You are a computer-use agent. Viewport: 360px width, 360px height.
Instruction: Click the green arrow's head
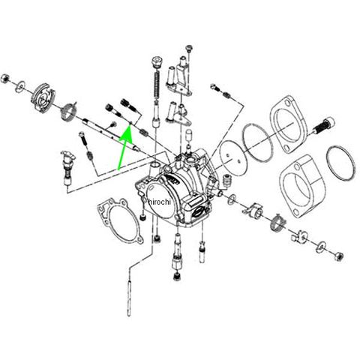[127, 132]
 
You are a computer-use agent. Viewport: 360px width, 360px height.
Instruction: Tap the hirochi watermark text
[159, 202]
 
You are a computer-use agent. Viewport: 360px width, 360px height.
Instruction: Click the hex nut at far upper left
[4, 79]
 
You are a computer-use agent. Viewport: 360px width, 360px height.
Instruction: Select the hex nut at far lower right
[338, 256]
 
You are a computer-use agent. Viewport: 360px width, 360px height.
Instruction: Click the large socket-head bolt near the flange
[324, 125]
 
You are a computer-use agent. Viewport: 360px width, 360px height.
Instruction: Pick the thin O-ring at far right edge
[340, 163]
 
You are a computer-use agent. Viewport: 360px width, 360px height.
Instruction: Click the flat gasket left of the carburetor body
[120, 220]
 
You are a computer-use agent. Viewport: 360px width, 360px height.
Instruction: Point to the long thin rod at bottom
[129, 298]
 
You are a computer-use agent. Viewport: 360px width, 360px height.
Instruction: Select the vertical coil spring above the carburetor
[157, 85]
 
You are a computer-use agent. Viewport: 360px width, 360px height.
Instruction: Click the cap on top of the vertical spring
[157, 62]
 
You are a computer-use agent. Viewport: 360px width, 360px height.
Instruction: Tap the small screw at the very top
[189, 48]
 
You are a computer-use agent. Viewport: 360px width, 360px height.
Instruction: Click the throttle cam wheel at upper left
[43, 97]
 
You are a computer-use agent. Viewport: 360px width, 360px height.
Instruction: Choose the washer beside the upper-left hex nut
[19, 85]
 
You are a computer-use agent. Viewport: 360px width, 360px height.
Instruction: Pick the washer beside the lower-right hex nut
[321, 246]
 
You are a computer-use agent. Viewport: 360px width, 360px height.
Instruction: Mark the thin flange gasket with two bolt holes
[289, 124]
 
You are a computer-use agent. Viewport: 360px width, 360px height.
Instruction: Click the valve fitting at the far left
[67, 168]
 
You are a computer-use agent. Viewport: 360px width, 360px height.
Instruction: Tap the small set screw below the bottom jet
[177, 276]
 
